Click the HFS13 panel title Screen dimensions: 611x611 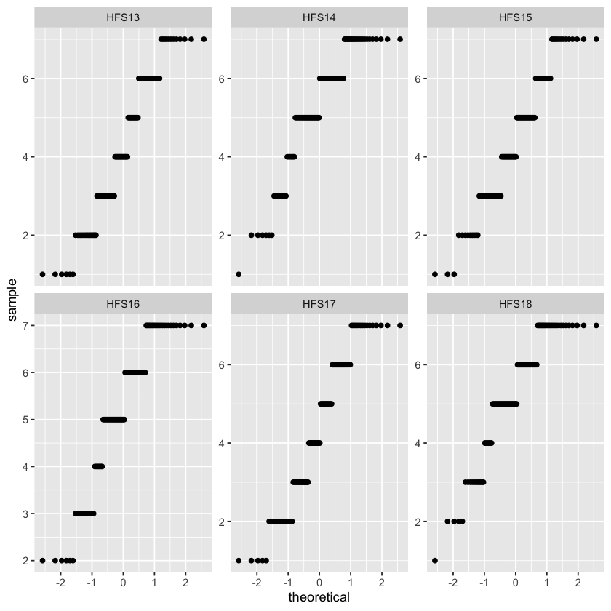pyautogui.click(x=123, y=17)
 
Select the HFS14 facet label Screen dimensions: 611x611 pyautogui.click(x=319, y=17)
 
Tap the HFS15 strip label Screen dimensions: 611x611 pyautogui.click(x=516, y=17)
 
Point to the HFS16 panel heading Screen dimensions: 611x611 pyautogui.click(x=123, y=304)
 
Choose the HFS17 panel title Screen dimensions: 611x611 pyautogui.click(x=319, y=304)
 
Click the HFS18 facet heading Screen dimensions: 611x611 pyautogui.click(x=516, y=304)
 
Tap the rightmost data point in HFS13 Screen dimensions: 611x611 pyautogui.click(x=204, y=39)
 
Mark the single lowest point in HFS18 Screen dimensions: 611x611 pyautogui.click(x=435, y=560)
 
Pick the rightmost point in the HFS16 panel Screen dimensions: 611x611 pyautogui.click(x=204, y=325)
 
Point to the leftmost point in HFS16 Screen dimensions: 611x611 pyautogui.click(x=42, y=560)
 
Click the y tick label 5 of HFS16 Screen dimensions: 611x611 pyautogui.click(x=25, y=420)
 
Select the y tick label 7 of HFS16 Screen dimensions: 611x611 pyautogui.click(x=25, y=325)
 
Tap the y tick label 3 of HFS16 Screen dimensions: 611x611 pyautogui.click(x=25, y=514)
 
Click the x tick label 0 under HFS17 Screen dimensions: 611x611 pyautogui.click(x=319, y=583)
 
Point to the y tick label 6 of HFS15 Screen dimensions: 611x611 pyautogui.click(x=418, y=79)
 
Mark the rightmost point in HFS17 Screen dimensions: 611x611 pyautogui.click(x=400, y=325)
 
